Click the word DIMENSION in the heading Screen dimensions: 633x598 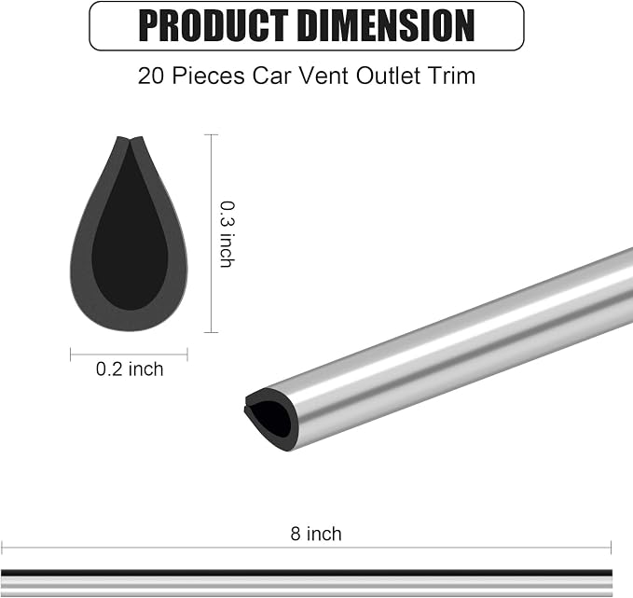(x=388, y=26)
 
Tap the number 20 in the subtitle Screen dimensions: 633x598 (x=151, y=76)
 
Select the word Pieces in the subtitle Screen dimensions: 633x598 (x=208, y=76)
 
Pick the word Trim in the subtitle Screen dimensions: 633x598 (x=456, y=76)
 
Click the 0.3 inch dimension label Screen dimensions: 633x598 (x=227, y=234)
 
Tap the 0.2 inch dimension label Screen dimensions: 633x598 (x=130, y=369)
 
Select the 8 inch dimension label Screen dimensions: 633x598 (x=316, y=534)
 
